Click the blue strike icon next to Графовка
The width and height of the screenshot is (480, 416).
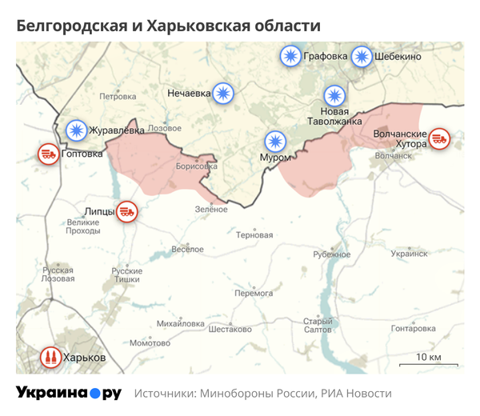[x=290, y=57]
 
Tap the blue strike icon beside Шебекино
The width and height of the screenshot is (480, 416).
[x=362, y=57]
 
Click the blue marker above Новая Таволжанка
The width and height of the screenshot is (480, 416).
[x=334, y=94]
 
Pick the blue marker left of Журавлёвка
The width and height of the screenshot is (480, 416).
[x=77, y=129]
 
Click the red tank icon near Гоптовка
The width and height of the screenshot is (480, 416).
[x=49, y=154]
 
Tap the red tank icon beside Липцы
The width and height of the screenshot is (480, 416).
[x=127, y=212]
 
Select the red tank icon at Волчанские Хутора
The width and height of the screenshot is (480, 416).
[x=439, y=139]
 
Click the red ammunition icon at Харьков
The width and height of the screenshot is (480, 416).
[x=50, y=358]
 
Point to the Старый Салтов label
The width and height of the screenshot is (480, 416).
[x=318, y=325]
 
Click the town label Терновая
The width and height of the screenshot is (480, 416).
[x=255, y=235]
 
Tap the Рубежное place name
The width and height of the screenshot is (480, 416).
[x=332, y=254]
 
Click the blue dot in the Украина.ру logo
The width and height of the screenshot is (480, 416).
[x=95, y=394]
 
